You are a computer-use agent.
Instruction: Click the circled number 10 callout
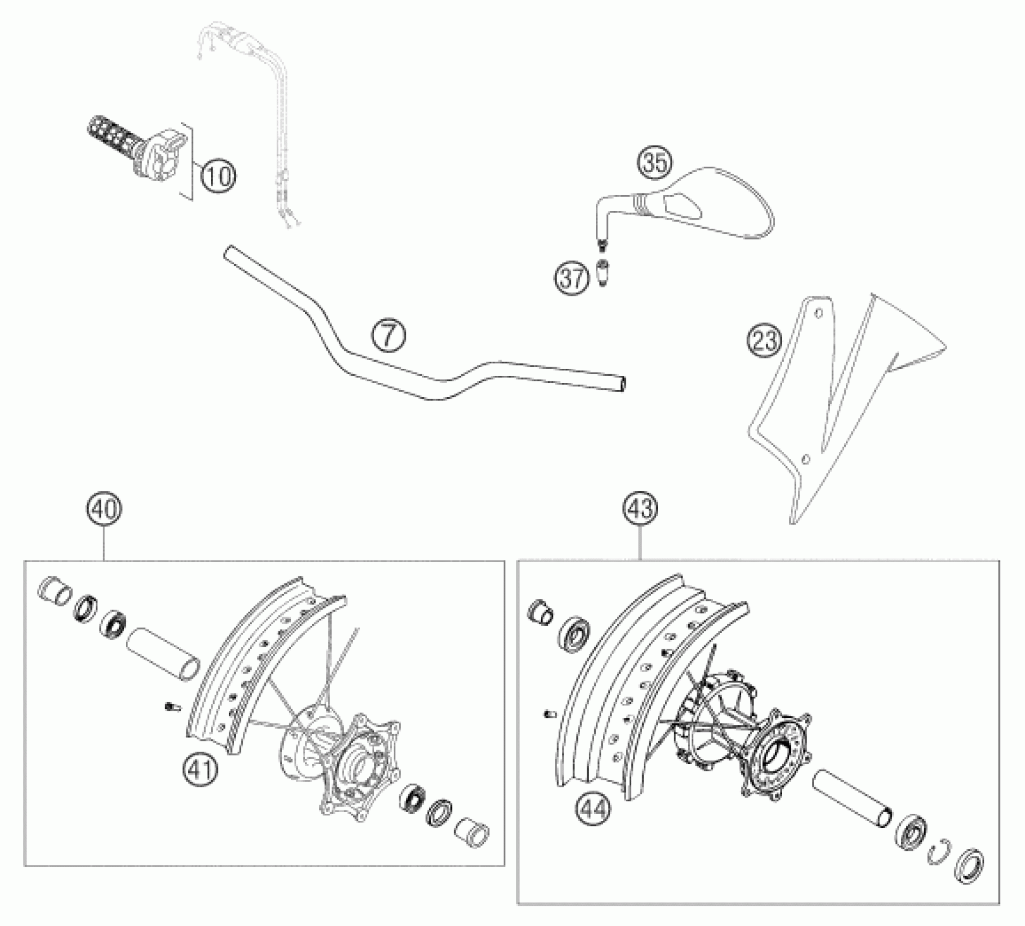coord(219,176)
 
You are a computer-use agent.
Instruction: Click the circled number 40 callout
coord(104,509)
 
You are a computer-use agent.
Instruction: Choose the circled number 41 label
coord(199,769)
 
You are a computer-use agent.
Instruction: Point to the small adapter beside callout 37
coord(602,272)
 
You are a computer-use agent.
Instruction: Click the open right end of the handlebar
coord(621,383)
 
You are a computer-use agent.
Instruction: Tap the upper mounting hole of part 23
coord(818,313)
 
